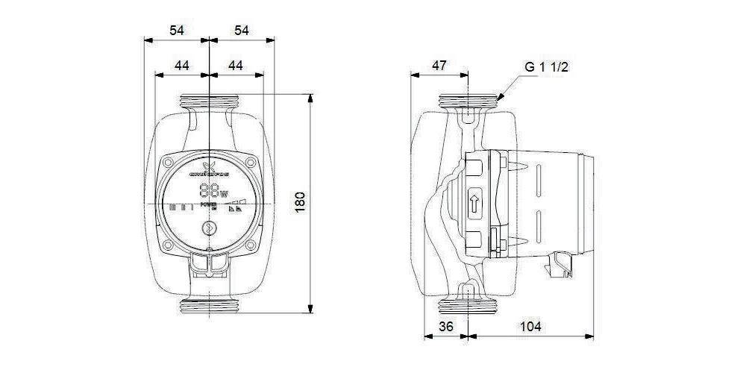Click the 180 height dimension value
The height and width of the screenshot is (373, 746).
click(299, 202)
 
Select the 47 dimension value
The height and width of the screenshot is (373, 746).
click(439, 66)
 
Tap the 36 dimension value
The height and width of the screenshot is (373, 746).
click(446, 327)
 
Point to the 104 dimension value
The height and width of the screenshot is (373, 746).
click(530, 327)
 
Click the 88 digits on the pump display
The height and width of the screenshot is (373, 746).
click(209, 190)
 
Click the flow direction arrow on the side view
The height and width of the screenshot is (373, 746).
click(475, 201)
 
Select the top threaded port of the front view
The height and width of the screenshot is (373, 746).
click(209, 101)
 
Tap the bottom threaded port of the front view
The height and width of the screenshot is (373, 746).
click(209, 306)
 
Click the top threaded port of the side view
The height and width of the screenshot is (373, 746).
click(468, 100)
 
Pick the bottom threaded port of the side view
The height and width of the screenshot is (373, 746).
click(468, 306)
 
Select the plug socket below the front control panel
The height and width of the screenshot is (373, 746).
click(209, 262)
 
